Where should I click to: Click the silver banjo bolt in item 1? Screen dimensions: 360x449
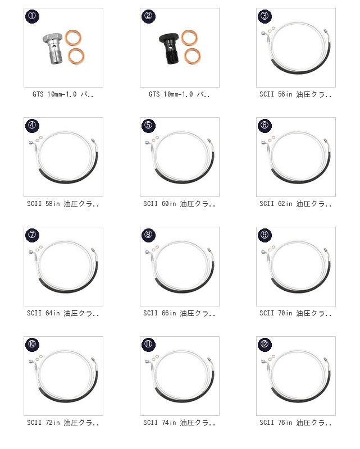(x=53, y=48)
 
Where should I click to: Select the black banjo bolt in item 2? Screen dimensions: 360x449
(x=170, y=48)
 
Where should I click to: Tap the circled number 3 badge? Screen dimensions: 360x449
(x=265, y=16)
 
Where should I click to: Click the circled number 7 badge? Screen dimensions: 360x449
(x=32, y=235)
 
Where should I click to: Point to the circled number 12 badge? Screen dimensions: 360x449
(x=265, y=344)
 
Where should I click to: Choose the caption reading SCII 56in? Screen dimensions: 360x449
(x=295, y=94)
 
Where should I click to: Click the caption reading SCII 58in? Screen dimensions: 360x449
(x=63, y=204)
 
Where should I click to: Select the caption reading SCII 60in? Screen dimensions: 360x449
(x=179, y=204)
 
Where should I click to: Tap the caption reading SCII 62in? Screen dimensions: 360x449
(x=295, y=204)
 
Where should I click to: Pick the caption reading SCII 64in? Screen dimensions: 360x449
(x=63, y=313)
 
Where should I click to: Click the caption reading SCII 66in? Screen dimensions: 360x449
(x=179, y=313)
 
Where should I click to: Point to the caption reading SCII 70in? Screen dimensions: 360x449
(x=295, y=313)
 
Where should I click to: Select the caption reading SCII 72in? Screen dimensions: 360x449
(x=63, y=423)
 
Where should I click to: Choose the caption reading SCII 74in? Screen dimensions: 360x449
(x=179, y=423)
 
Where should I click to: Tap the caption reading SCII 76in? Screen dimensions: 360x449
(x=295, y=423)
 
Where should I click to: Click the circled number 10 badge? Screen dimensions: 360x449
(x=32, y=344)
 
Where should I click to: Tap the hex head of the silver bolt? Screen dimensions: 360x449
(x=52, y=38)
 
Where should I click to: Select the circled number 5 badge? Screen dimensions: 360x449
(x=148, y=125)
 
